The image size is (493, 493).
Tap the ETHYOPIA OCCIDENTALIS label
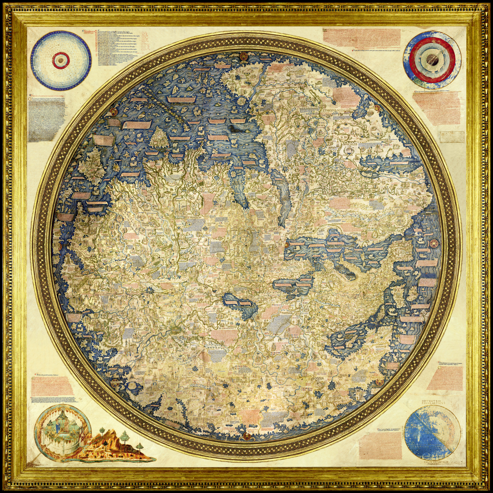(337, 111)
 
